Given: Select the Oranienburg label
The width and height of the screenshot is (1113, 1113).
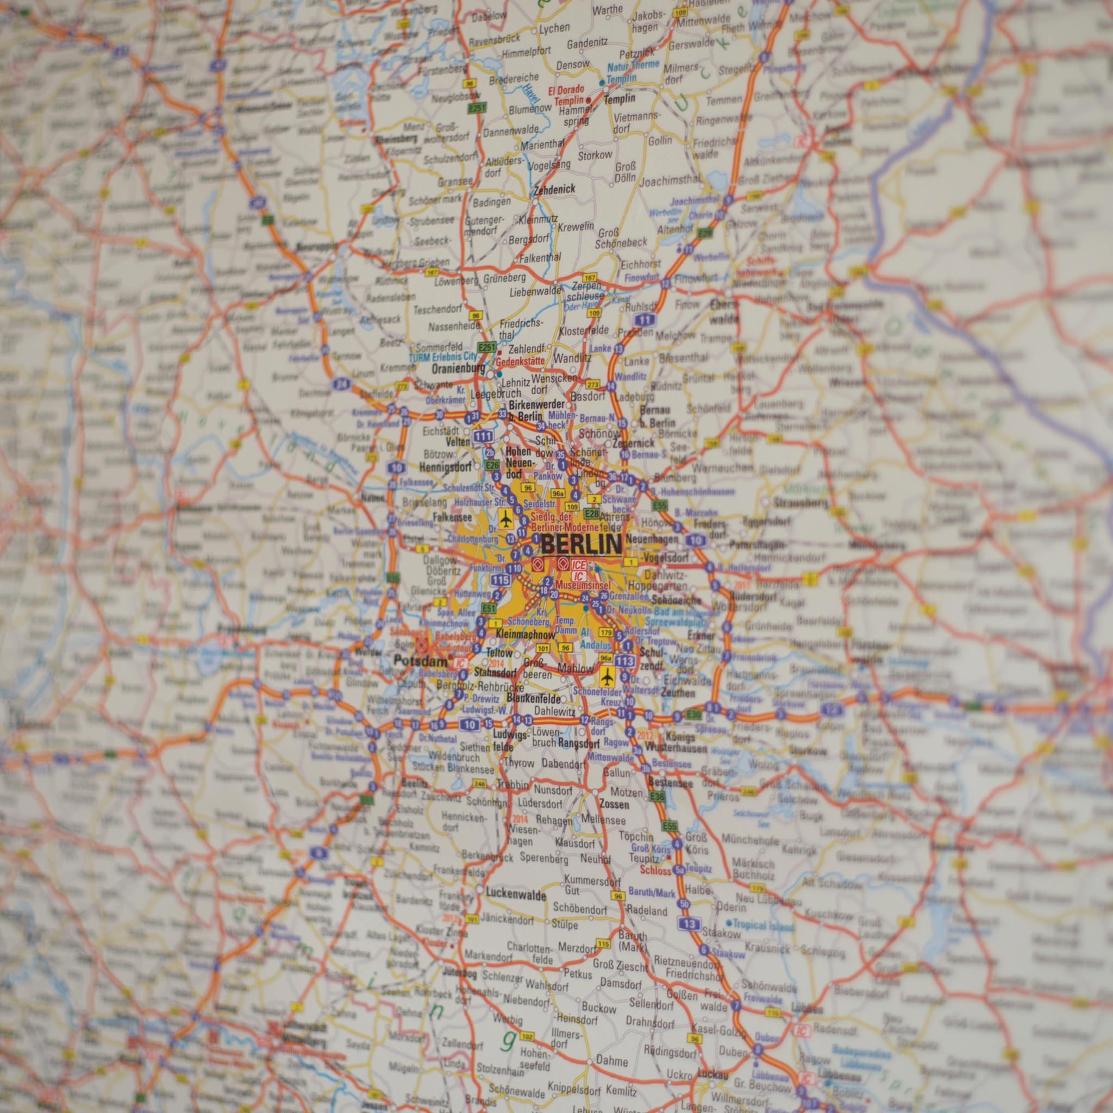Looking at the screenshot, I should click(x=458, y=367).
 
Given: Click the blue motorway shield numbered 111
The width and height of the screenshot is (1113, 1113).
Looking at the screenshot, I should click(x=483, y=435).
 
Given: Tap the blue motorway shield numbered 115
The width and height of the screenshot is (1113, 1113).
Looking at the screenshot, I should click(x=501, y=580).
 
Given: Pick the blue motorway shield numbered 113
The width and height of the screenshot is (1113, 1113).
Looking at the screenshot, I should click(x=624, y=660).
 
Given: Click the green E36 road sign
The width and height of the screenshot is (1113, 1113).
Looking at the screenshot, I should click(x=656, y=796).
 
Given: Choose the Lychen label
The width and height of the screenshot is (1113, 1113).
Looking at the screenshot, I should click(x=555, y=28).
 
